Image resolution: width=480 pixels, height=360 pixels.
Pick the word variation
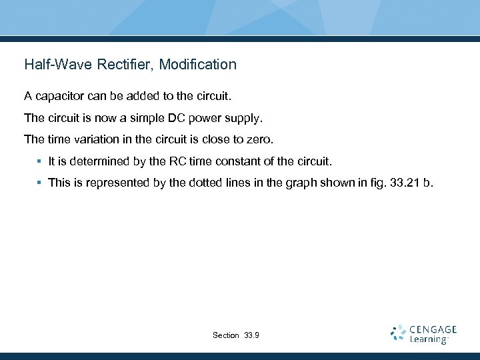pyautogui.click(x=96, y=140)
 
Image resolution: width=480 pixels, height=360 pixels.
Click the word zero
pyautogui.click(x=260, y=140)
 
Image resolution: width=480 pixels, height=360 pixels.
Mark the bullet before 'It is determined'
pyautogui.click(x=40, y=161)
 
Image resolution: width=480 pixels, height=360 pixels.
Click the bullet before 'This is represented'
pyautogui.click(x=40, y=182)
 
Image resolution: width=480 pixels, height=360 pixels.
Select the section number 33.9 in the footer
pyautogui.click(x=253, y=335)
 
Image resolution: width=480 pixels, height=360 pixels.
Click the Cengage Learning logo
pyautogui.click(x=423, y=334)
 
